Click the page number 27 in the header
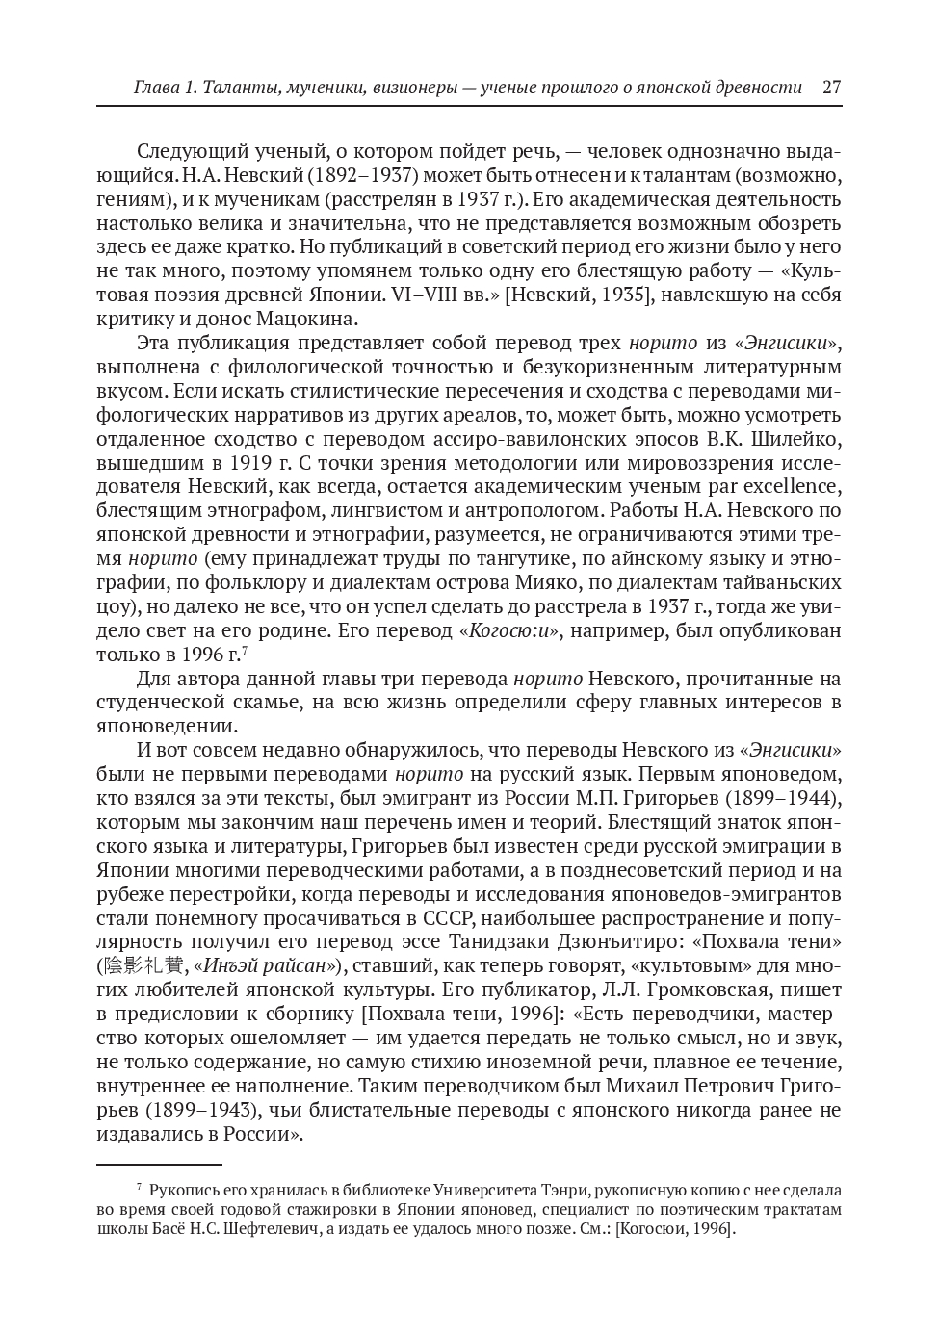(832, 87)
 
